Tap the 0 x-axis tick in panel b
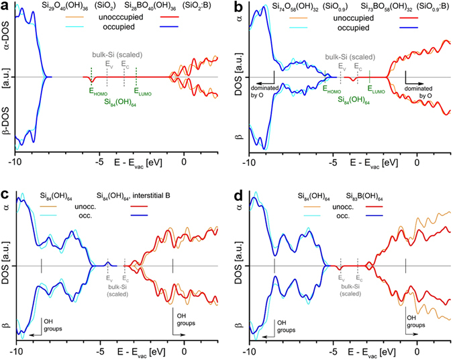pyautogui.click(x=417, y=162)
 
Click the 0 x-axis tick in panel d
pyautogui.click(x=417, y=351)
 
